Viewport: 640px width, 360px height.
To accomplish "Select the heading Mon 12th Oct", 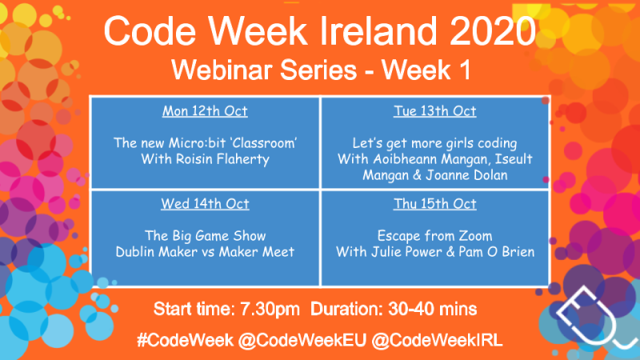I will [206, 111].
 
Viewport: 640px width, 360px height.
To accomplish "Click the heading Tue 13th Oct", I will [435, 111].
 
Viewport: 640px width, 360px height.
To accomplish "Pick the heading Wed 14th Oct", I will [206, 204].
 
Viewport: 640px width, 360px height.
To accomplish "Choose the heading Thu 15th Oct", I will [435, 204].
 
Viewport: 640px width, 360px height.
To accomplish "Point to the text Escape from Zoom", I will [435, 236].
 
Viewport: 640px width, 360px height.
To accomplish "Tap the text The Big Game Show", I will [206, 236].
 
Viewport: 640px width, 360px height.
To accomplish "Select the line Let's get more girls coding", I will [435, 144].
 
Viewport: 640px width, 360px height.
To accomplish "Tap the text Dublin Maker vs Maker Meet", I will [206, 252].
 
